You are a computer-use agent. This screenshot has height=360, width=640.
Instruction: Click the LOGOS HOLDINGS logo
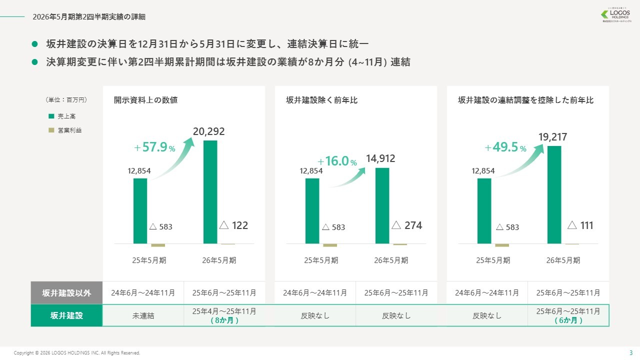tap(617, 15)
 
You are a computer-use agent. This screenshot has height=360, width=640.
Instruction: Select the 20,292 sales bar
tap(210, 192)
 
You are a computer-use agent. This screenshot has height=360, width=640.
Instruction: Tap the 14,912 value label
tap(380, 159)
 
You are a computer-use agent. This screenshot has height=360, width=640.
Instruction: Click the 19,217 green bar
tap(554, 194)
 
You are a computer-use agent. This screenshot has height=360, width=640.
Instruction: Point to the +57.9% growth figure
tap(155, 147)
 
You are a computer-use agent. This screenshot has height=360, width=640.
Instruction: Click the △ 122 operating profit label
tap(233, 225)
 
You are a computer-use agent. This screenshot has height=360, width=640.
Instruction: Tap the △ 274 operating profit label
tap(406, 225)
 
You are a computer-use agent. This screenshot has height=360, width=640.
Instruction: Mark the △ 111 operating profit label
tap(580, 225)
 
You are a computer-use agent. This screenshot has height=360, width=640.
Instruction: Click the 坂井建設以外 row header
tap(66, 293)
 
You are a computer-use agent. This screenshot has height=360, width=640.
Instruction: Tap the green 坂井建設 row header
tap(66, 315)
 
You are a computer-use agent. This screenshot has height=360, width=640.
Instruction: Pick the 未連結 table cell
tap(143, 315)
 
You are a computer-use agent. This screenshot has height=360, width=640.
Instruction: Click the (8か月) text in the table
tap(224, 320)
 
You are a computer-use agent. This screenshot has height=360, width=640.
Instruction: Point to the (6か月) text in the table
tap(568, 320)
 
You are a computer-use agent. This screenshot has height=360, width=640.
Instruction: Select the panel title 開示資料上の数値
tap(145, 100)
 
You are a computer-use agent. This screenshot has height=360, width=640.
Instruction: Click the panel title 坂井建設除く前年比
tap(322, 100)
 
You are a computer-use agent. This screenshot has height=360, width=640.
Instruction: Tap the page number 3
tap(630, 352)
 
